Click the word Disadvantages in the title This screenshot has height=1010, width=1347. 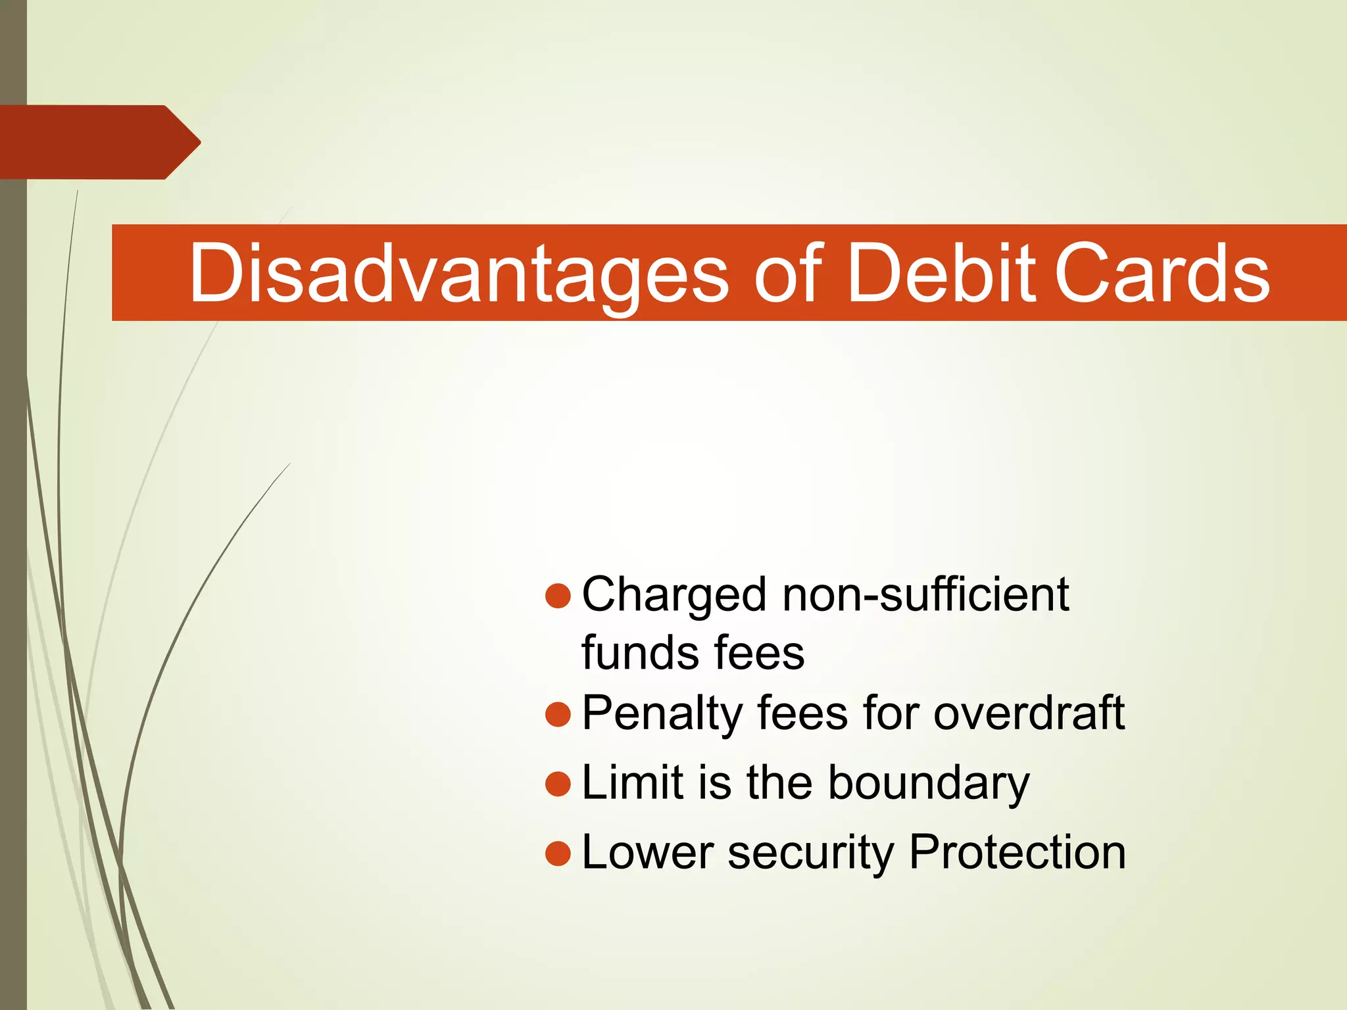pyautogui.click(x=458, y=273)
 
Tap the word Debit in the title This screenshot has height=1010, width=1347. pyautogui.click(x=941, y=273)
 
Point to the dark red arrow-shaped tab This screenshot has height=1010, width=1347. pyautogui.click(x=99, y=142)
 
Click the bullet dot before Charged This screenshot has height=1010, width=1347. pyautogui.click(x=558, y=596)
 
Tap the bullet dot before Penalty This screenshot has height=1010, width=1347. pyautogui.click(x=558, y=714)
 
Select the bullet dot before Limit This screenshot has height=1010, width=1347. pyautogui.click(x=558, y=784)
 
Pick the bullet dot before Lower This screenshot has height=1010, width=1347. pyautogui.click(x=558, y=854)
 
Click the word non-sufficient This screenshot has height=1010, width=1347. pyautogui.click(x=925, y=594)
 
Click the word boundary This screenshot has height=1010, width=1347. pyautogui.click(x=928, y=784)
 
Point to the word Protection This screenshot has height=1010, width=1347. pyautogui.click(x=1017, y=852)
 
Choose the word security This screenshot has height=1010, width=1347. pyautogui.click(x=810, y=854)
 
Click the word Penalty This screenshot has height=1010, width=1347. pyautogui.click(x=662, y=714)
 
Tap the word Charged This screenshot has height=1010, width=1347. pyautogui.click(x=674, y=596)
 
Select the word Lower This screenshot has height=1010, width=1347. pyautogui.click(x=647, y=853)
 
